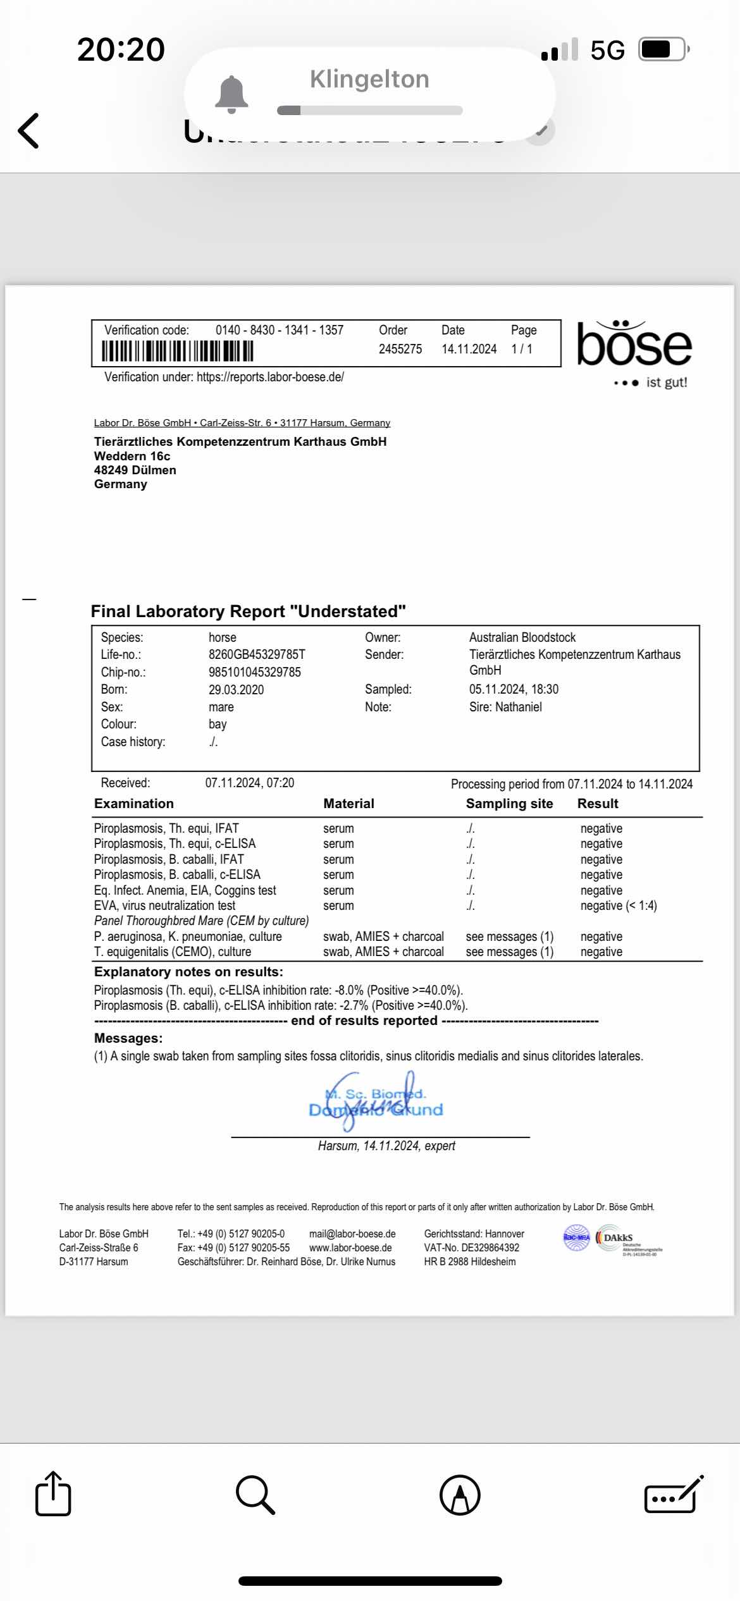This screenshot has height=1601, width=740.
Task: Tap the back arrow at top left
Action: (28, 131)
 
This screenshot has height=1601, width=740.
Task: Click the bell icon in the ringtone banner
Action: (232, 95)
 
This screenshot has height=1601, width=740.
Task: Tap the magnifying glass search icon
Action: (255, 1495)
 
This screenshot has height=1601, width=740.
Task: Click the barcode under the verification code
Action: (178, 351)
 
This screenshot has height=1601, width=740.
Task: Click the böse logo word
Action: (634, 345)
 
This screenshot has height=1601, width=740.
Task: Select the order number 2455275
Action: (400, 349)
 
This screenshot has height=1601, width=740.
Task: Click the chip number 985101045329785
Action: (255, 672)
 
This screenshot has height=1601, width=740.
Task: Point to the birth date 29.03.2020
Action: (236, 690)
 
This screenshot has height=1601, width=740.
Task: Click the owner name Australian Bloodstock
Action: (522, 637)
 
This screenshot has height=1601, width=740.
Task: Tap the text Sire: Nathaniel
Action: (505, 707)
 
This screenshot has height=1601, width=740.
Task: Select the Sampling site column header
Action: (509, 804)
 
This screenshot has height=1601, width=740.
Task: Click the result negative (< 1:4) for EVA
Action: (619, 905)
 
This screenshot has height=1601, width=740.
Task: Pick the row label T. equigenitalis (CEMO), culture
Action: (173, 952)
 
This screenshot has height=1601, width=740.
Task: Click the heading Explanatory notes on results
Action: (188, 972)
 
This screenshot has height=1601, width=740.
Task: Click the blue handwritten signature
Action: (376, 1101)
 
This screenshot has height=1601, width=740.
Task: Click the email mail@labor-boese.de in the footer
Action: (352, 1234)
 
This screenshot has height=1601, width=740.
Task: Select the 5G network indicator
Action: (607, 50)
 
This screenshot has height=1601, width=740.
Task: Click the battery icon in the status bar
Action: (662, 49)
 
